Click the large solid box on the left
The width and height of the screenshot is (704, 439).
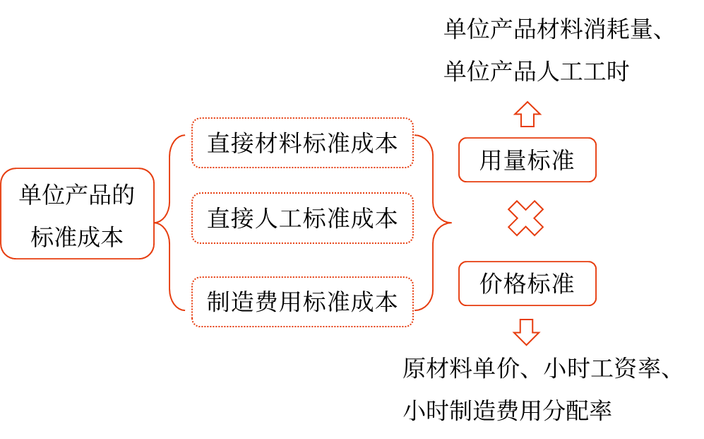pos(77,213)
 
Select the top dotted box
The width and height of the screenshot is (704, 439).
pos(302,143)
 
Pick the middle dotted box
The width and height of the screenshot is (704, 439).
pos(302,218)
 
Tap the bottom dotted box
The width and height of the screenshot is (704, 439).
pos(302,302)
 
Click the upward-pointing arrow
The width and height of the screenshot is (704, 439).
pos(527,114)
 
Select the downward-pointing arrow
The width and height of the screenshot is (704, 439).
pos(526,332)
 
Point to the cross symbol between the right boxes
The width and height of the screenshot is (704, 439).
pos(526,218)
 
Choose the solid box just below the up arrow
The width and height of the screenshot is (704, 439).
pos(527,160)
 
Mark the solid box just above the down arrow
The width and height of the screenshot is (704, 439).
pos(527,283)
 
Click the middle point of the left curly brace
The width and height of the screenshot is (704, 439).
pos(156,223)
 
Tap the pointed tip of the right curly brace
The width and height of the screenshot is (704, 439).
pos(451,223)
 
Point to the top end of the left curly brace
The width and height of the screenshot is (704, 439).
pos(184,135)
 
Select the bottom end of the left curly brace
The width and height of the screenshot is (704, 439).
pos(184,310)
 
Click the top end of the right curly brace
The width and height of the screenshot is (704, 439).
pos(416,135)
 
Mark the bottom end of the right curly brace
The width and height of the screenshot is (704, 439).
pos(416,310)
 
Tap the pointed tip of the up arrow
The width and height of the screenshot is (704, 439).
pos(527,103)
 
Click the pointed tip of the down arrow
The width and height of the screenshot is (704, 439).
pos(526,344)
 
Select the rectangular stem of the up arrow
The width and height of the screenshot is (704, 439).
pos(527,120)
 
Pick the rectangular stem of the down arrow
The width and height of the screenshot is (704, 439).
pos(526,324)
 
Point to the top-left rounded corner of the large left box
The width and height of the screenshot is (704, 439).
pos(6,173)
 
